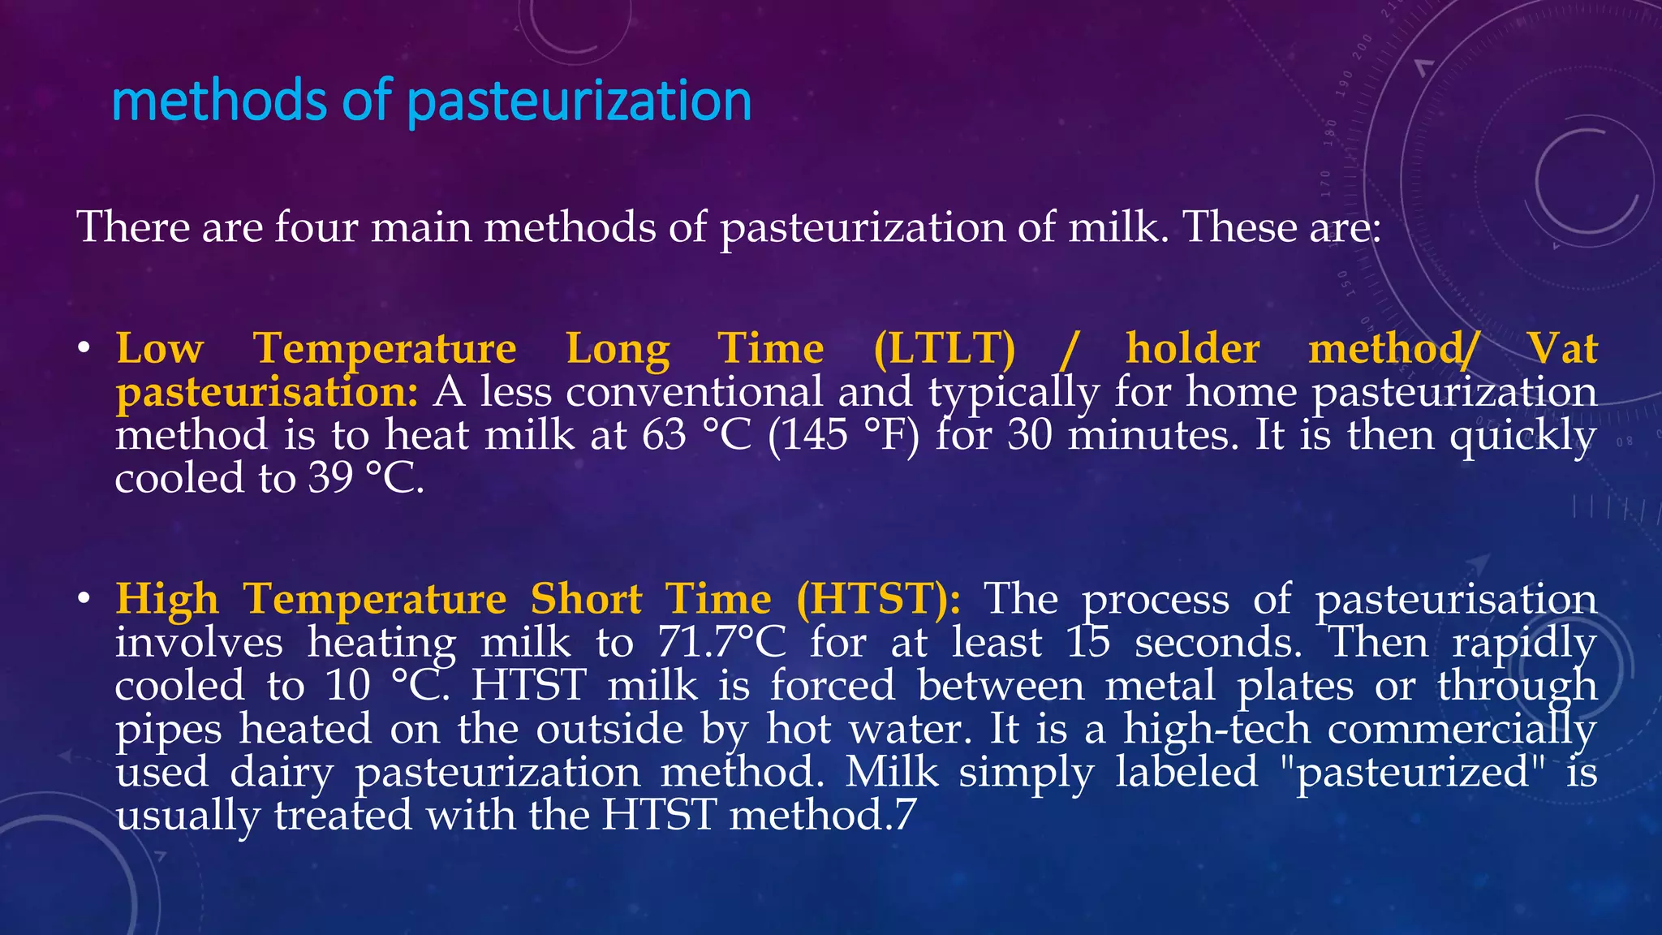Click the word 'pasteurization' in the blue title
[x=579, y=101]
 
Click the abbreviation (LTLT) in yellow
[x=944, y=349]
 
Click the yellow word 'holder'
[x=1192, y=349]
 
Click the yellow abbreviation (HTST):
[x=879, y=599]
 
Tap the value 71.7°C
[x=721, y=642]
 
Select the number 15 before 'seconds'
[x=1087, y=642]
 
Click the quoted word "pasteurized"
[x=1411, y=771]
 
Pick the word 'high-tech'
[x=1216, y=728]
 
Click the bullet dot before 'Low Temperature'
[x=83, y=350]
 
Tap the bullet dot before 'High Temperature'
[x=83, y=600]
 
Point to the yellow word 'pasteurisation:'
[x=267, y=392]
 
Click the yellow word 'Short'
[x=586, y=599]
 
